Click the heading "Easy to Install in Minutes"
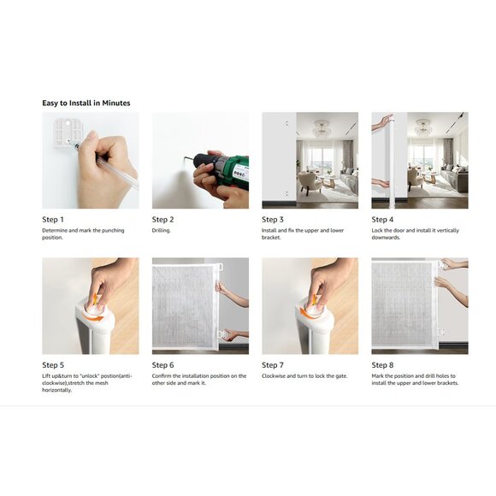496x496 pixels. [86, 103]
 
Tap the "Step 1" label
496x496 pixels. [53, 220]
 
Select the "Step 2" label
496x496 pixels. [162, 220]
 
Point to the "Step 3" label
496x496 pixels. [273, 220]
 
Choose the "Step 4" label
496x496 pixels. [382, 220]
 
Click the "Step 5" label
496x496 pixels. [53, 365]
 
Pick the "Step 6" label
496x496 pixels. [162, 365]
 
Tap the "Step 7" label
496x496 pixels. [273, 365]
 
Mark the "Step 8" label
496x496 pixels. [382, 365]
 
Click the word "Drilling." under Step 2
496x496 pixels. [162, 231]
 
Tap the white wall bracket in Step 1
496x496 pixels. [68, 133]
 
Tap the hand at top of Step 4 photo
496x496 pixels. [383, 122]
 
